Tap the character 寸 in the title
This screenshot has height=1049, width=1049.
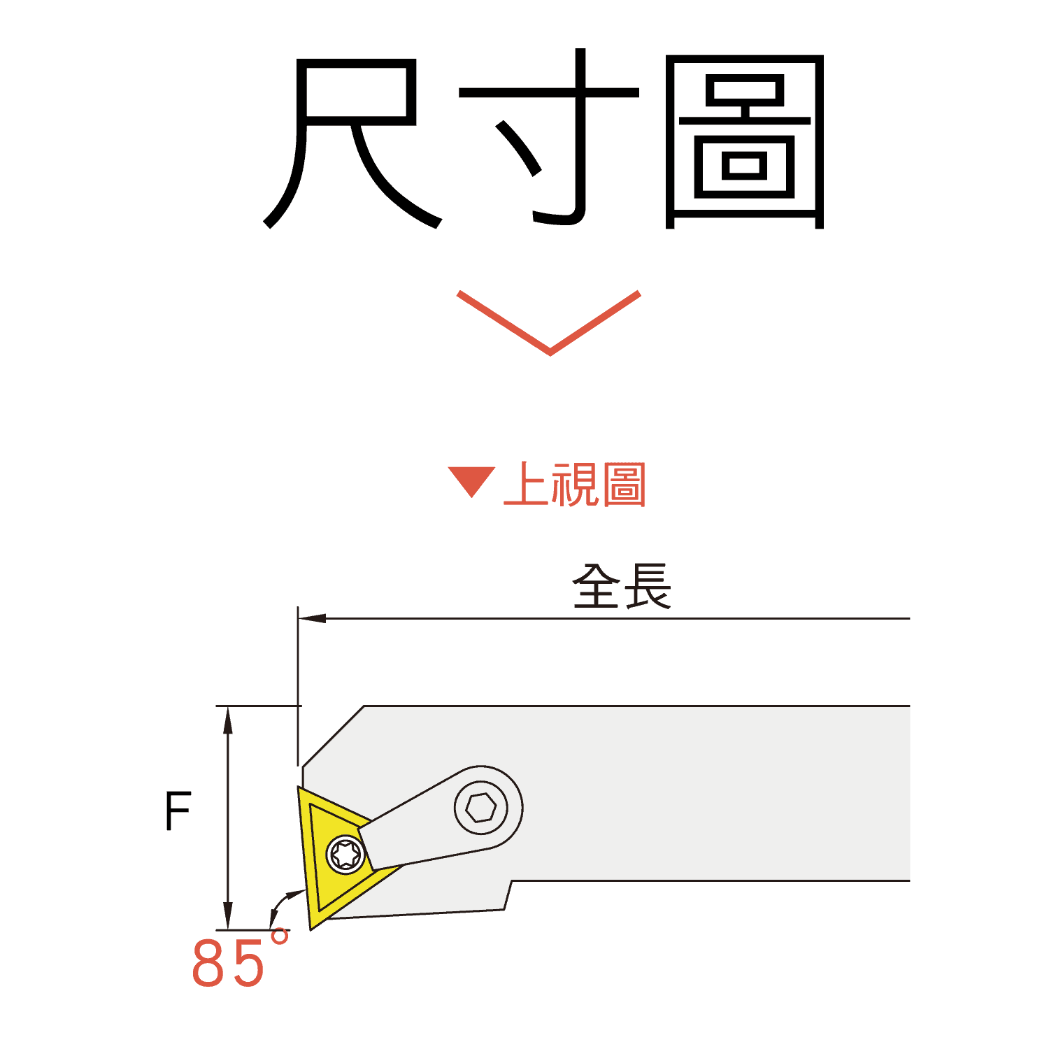pyautogui.click(x=549, y=136)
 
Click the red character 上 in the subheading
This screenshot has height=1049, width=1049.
pyautogui.click(x=526, y=484)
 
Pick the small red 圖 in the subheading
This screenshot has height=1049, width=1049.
pyautogui.click(x=623, y=484)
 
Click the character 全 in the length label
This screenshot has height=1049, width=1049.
pyautogui.click(x=597, y=586)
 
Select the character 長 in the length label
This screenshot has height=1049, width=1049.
pyautogui.click(x=647, y=586)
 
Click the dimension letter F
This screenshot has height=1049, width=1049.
pyautogui.click(x=178, y=811)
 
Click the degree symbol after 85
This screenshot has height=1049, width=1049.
pyautogui.click(x=279, y=937)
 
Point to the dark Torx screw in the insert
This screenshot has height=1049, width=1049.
pyautogui.click(x=345, y=854)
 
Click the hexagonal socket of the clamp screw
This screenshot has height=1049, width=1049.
pyautogui.click(x=481, y=808)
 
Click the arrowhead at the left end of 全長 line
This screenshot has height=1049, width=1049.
pyautogui.click(x=312, y=618)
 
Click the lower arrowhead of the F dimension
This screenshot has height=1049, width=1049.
pyautogui.click(x=227, y=916)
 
